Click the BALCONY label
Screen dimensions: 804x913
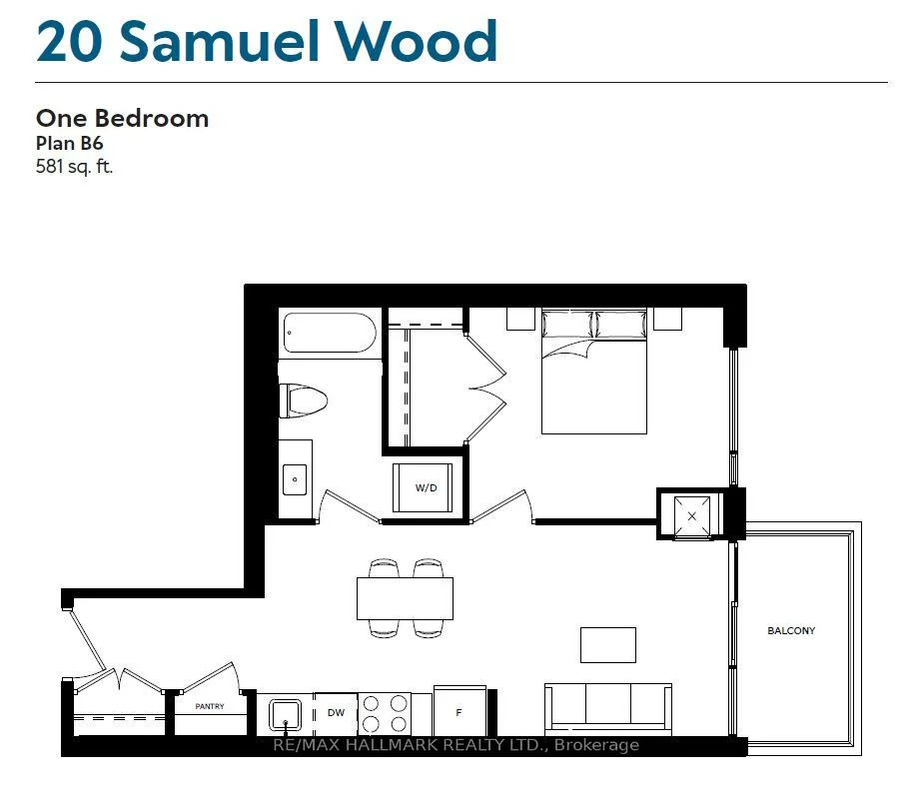pyautogui.click(x=791, y=630)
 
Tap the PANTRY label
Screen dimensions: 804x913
pyautogui.click(x=209, y=706)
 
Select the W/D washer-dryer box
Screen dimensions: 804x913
pyautogui.click(x=427, y=487)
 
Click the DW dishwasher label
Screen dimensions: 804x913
pyautogui.click(x=336, y=713)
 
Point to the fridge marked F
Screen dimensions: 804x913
pyautogui.click(x=459, y=713)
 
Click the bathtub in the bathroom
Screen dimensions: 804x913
pyautogui.click(x=330, y=333)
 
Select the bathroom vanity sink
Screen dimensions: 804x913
pyautogui.click(x=295, y=478)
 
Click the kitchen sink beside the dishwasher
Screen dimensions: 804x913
pyautogui.click(x=287, y=715)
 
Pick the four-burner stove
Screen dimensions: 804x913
pyautogui.click(x=385, y=714)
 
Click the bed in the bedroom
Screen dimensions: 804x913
pyautogui.click(x=594, y=371)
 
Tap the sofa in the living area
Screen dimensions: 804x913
pyautogui.click(x=607, y=705)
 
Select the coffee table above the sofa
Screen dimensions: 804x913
pyautogui.click(x=608, y=644)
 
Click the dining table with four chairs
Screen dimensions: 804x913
pyautogui.click(x=405, y=597)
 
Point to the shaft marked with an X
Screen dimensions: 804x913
pyautogui.click(x=692, y=515)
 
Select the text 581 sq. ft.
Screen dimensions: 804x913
pyautogui.click(x=75, y=166)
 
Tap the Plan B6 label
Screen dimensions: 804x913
pyautogui.click(x=70, y=143)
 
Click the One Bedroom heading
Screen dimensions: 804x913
pyautogui.click(x=122, y=118)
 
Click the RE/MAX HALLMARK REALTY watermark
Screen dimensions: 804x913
pyautogui.click(x=456, y=745)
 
